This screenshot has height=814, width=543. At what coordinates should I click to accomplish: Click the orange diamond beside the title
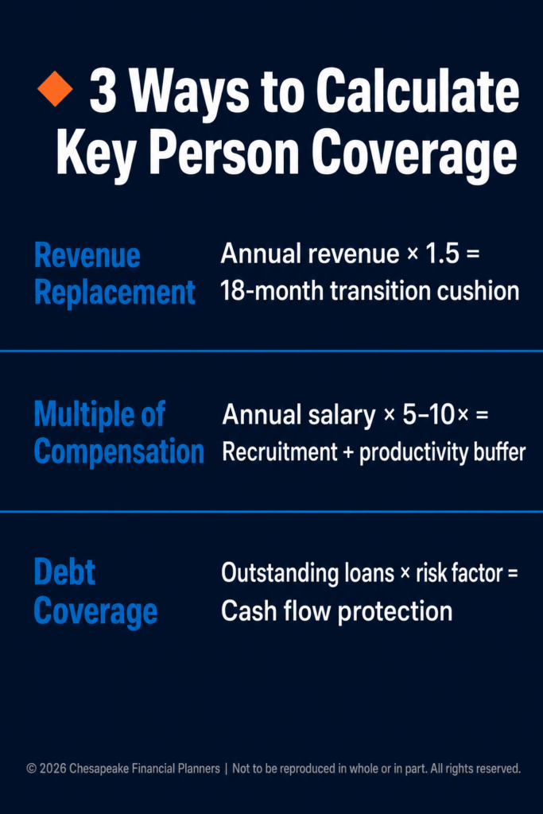click(55, 89)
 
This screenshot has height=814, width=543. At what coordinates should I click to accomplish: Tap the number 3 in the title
click(103, 91)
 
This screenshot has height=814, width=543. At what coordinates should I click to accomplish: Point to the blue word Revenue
click(87, 255)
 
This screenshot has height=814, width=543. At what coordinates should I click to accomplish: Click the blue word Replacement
click(114, 293)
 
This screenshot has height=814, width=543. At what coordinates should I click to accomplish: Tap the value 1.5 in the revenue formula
click(442, 254)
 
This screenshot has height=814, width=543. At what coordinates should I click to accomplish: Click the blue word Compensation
click(119, 451)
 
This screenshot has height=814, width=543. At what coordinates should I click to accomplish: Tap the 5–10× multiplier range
click(436, 415)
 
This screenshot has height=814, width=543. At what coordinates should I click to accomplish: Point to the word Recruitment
click(280, 452)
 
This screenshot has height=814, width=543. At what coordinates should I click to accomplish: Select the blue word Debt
click(65, 572)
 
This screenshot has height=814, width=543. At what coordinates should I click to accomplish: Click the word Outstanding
click(280, 573)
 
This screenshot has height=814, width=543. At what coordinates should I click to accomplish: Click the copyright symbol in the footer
click(32, 769)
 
